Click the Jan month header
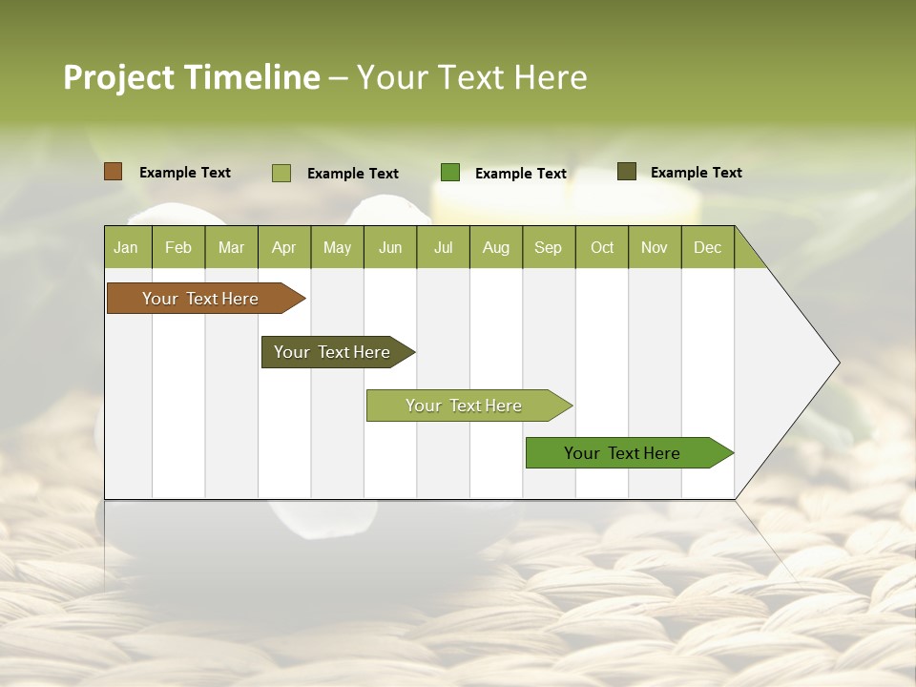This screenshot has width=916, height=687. coord(126,247)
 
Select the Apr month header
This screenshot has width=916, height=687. coord(283,247)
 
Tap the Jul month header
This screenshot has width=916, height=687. coord(443,247)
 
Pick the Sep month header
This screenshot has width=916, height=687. coord(548,247)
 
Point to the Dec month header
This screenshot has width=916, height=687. coord(707,247)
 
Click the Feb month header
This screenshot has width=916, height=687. coord(178,247)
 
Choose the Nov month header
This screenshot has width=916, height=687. coord(654,247)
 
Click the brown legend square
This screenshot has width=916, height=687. coord(114,172)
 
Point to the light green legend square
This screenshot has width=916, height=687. coord(281,173)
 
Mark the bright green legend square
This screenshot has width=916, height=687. coord(450,173)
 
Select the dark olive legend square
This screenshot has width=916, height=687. coord(627,172)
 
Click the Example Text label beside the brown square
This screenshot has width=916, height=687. coord(185,173)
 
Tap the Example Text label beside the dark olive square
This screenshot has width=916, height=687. coord(697,173)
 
